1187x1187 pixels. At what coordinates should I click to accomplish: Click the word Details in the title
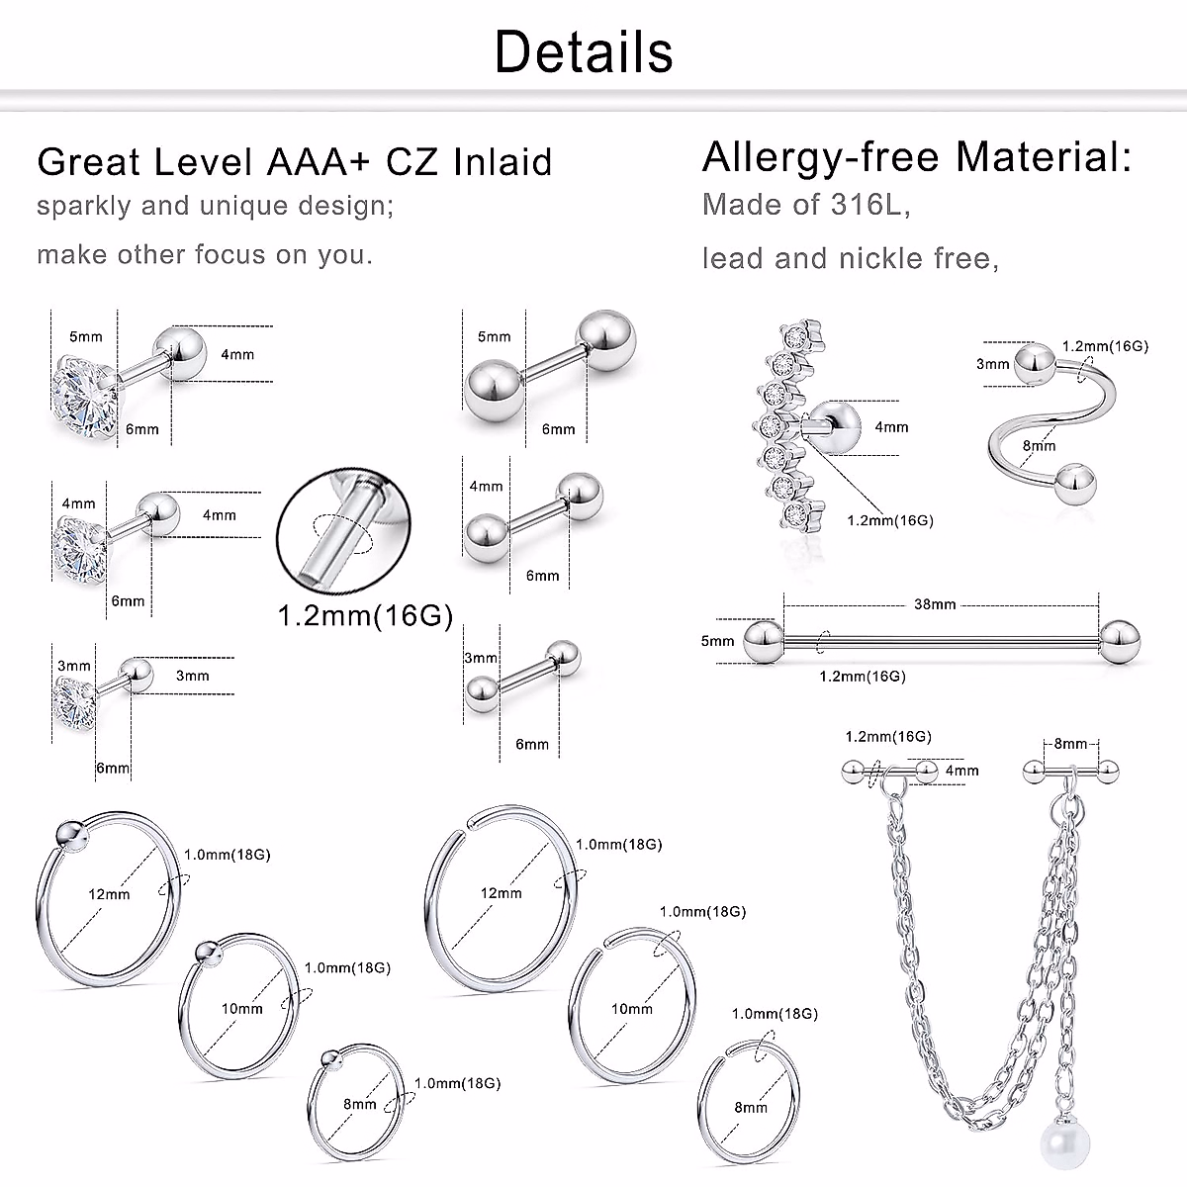pyautogui.click(x=584, y=51)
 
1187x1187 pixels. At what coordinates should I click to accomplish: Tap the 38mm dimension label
pyautogui.click(x=935, y=604)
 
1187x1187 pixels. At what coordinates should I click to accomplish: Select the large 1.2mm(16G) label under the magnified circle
pyautogui.click(x=365, y=614)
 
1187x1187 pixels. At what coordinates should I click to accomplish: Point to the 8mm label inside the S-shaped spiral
pyautogui.click(x=1040, y=445)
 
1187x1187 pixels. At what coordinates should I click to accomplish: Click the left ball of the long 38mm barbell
pyautogui.click(x=764, y=641)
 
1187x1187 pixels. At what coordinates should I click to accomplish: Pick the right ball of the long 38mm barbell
pyautogui.click(x=1119, y=643)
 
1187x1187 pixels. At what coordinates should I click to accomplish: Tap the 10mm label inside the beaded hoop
pyautogui.click(x=242, y=1008)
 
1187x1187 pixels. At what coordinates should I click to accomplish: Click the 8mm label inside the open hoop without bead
pyautogui.click(x=751, y=1108)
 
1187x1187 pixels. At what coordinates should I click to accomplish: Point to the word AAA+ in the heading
pyautogui.click(x=318, y=162)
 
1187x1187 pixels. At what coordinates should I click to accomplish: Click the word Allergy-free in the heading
pyautogui.click(x=821, y=157)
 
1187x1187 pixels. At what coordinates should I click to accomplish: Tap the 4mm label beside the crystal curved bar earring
pyautogui.click(x=891, y=427)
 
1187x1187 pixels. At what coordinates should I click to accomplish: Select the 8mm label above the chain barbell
pyautogui.click(x=1070, y=744)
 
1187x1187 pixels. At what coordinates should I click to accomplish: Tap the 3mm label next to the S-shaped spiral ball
pyautogui.click(x=992, y=364)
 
